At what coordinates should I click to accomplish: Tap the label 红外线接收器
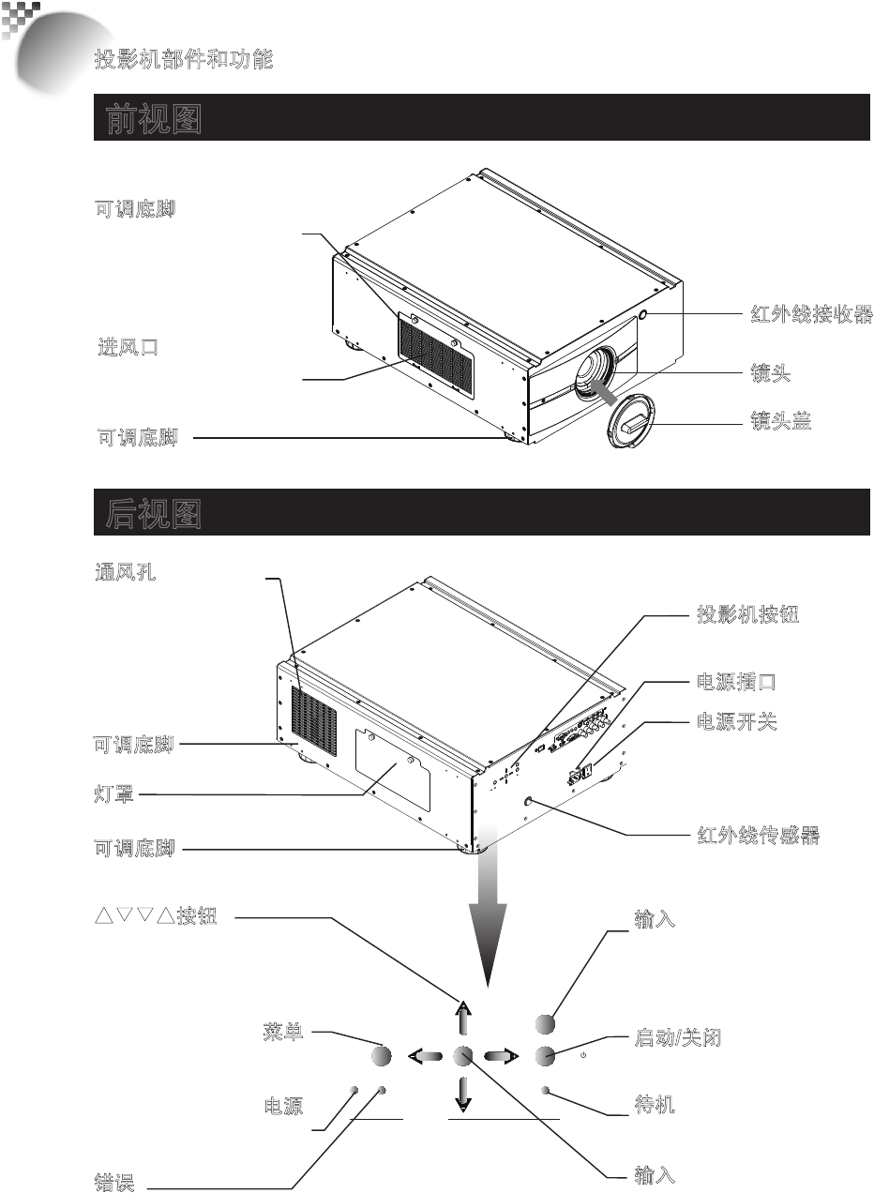pyautogui.click(x=811, y=315)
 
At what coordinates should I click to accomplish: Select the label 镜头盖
pyautogui.click(x=778, y=423)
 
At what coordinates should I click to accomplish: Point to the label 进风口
pyautogui.click(x=128, y=347)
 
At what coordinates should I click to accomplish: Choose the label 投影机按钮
pyautogui.click(x=746, y=616)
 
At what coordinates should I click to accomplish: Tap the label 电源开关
pyautogui.click(x=736, y=722)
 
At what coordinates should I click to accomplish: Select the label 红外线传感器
pyautogui.click(x=760, y=835)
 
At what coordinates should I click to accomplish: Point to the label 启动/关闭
pyautogui.click(x=678, y=1038)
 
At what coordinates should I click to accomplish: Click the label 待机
pyautogui.click(x=655, y=1107)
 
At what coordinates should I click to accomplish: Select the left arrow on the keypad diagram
pyautogui.click(x=426, y=1056)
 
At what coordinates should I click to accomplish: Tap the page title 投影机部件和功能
pyautogui.click(x=184, y=60)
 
